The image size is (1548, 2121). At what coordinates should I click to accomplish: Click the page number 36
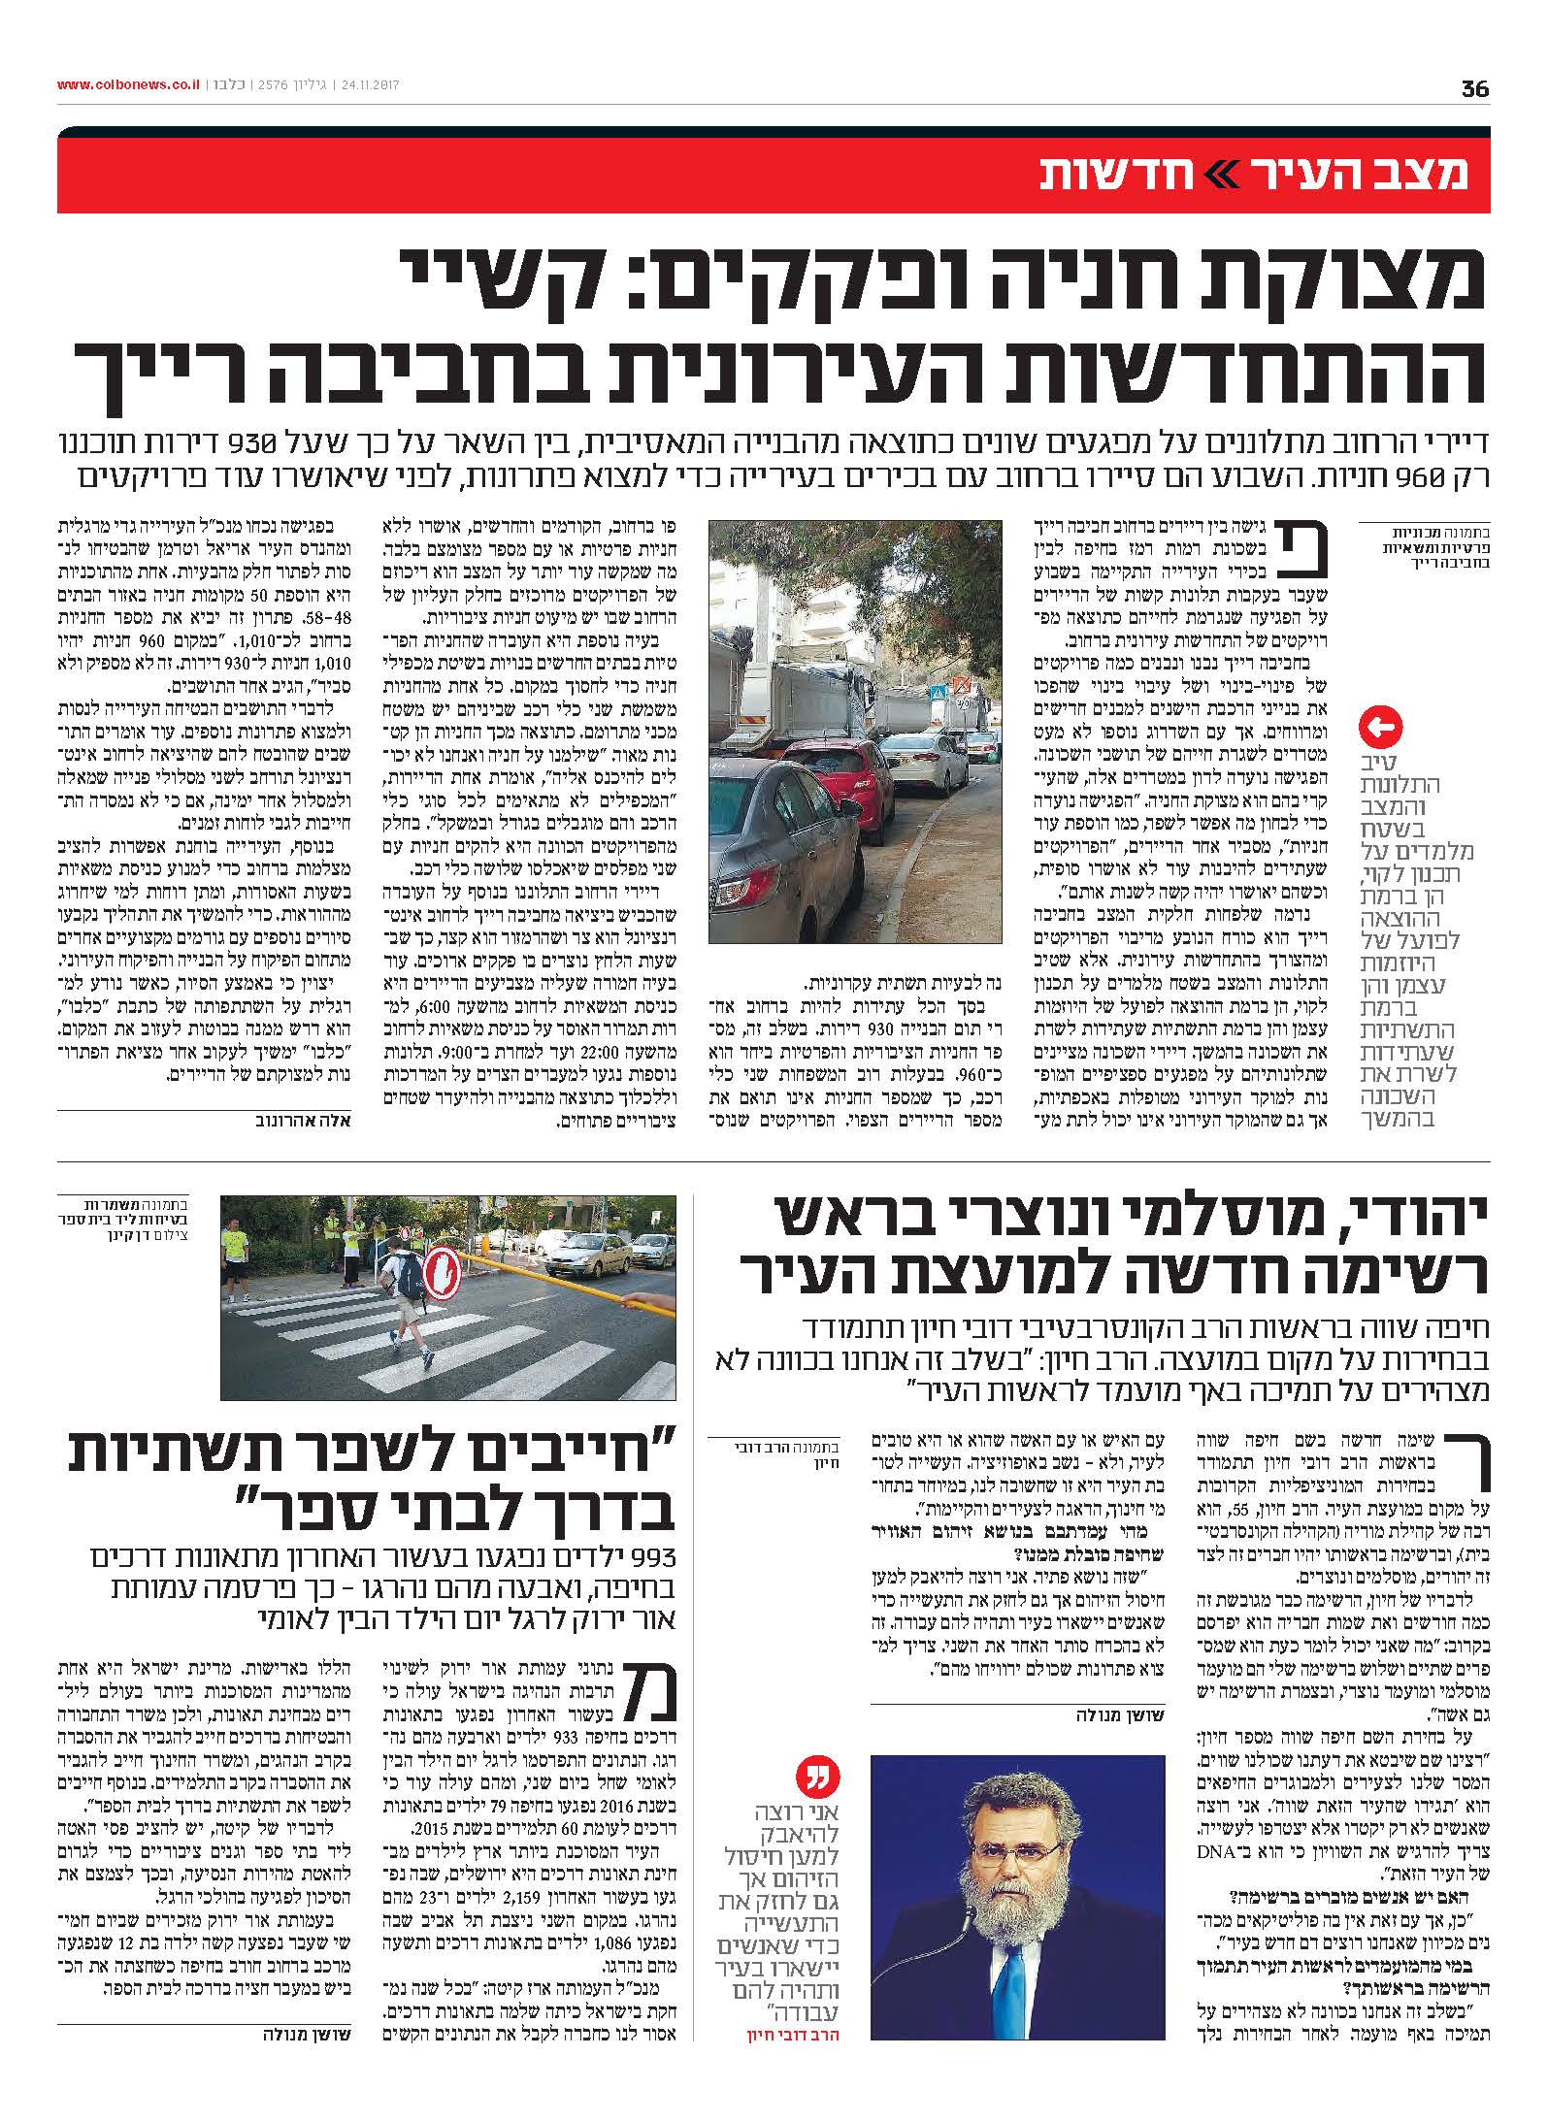pos(1474,88)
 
